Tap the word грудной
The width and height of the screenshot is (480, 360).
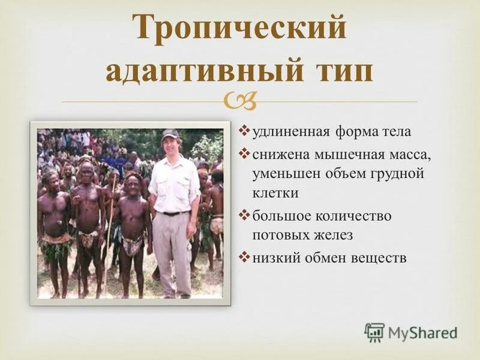399,174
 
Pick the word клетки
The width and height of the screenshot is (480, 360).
275,194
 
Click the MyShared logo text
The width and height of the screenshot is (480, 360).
422,332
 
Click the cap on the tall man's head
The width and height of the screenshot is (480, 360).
170,134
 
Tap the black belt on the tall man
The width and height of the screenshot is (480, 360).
175,213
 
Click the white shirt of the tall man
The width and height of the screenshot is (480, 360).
174,183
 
